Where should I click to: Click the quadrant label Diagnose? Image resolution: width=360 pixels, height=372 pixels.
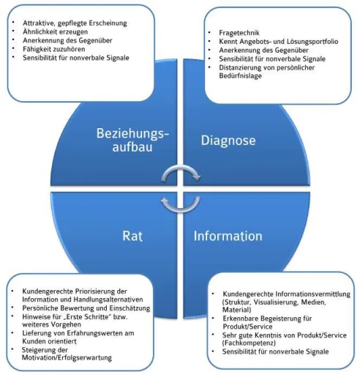click(x=228, y=141)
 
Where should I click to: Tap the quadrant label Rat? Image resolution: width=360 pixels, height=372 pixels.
click(x=132, y=236)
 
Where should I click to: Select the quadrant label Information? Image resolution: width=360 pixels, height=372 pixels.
click(x=228, y=236)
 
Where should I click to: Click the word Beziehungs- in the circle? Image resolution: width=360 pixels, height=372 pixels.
click(x=132, y=133)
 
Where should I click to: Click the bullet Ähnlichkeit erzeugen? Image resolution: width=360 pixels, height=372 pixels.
click(x=56, y=31)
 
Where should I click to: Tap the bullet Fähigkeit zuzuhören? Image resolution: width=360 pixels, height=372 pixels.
click(x=54, y=49)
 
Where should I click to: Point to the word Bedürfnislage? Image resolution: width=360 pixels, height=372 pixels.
click(x=240, y=75)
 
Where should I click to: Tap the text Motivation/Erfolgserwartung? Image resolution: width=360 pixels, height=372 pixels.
click(x=67, y=358)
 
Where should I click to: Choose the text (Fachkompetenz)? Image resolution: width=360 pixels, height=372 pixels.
click(x=249, y=343)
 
